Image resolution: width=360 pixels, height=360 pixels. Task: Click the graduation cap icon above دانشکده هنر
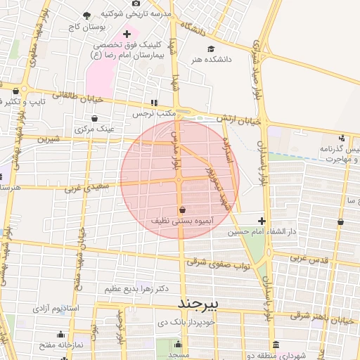(x=210, y=49)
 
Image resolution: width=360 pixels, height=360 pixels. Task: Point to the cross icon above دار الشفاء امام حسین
(x=262, y=221)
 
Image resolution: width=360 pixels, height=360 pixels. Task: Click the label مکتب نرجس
(x=153, y=112)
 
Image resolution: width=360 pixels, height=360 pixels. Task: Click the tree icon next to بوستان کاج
(x=86, y=15)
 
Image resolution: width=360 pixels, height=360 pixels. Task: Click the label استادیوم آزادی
(x=59, y=309)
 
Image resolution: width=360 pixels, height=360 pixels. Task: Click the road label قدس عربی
(x=310, y=258)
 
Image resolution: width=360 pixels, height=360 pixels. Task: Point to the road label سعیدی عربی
(x=87, y=187)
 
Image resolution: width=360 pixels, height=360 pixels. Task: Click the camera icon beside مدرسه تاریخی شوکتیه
(x=136, y=4)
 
